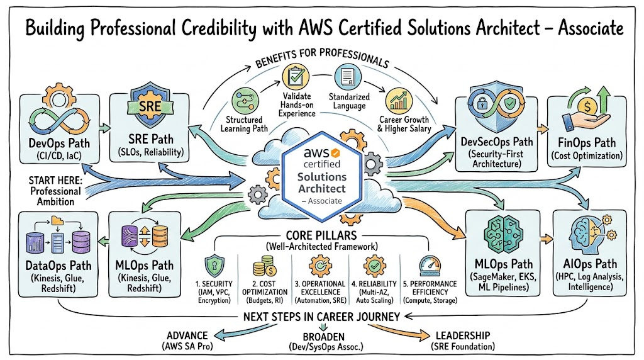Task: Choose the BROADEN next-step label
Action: click(x=322, y=338)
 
